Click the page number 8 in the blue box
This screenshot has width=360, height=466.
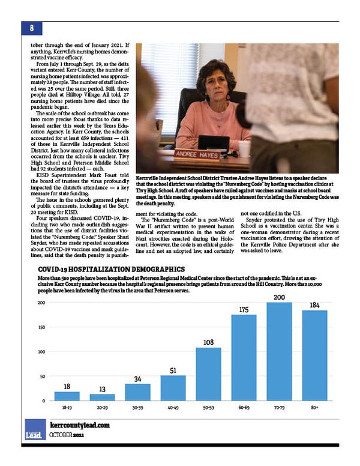31,28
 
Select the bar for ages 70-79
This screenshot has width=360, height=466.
279,351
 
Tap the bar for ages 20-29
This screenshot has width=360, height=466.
102,398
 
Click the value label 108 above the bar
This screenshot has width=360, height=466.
208,342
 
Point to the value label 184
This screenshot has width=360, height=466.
314,305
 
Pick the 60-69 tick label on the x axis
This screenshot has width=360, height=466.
244,407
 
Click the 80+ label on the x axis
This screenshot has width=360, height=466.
314,407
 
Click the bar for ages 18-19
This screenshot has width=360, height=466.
67,396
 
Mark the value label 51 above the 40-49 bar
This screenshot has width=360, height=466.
173,370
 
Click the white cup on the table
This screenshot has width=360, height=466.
244,148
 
